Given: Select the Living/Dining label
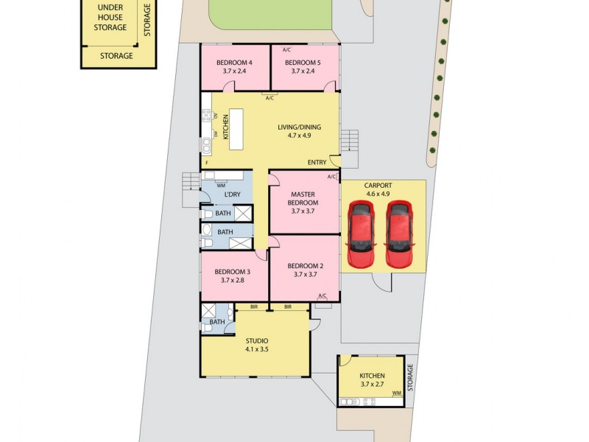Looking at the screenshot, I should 300,127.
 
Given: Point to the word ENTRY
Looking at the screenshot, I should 317,162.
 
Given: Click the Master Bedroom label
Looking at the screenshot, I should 303,198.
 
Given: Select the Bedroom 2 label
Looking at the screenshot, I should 305,266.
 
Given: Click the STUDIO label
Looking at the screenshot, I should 256,340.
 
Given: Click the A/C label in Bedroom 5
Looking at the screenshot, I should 286,49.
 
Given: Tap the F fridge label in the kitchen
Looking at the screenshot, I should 208,162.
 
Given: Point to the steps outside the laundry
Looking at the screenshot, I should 191,181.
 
